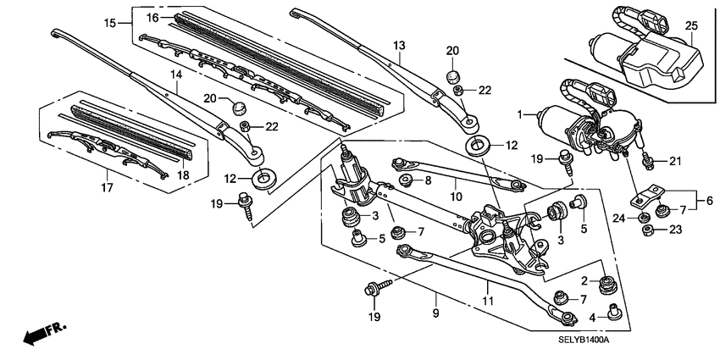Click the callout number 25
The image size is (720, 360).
[691, 27]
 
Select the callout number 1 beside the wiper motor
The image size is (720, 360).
[522, 114]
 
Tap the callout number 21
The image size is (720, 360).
[674, 161]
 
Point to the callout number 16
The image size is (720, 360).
[153, 17]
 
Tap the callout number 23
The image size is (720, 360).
[674, 229]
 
